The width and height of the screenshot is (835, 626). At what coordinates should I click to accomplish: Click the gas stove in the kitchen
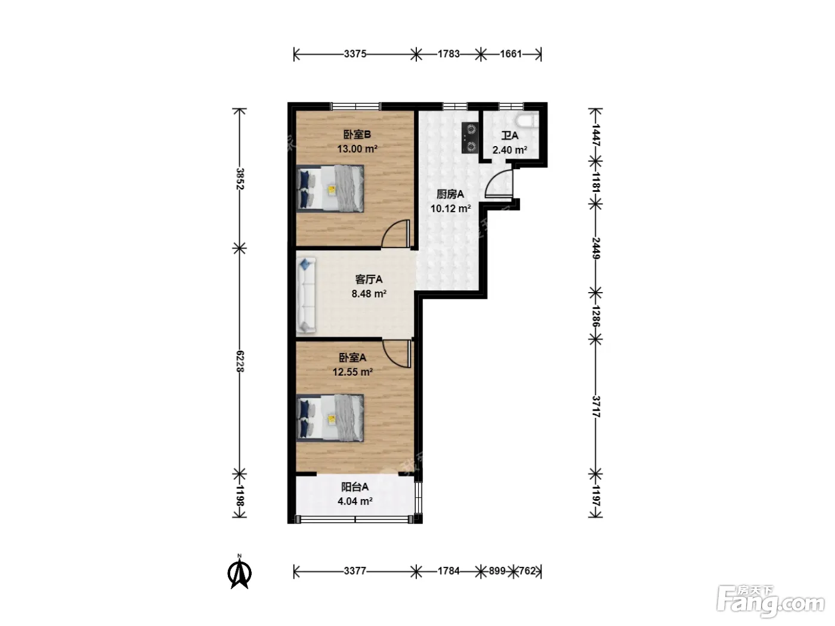pos(470,138)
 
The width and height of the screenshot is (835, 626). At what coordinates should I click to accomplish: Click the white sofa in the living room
pos(306,295)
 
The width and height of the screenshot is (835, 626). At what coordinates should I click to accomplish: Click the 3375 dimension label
pos(355,54)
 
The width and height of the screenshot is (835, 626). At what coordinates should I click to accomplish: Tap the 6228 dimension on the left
pos(240,361)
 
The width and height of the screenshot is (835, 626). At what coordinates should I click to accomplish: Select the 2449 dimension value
pos(596,249)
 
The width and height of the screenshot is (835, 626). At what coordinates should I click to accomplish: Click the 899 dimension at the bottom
pos(497,571)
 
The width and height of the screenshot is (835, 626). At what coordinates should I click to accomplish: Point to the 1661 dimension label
pos(511,54)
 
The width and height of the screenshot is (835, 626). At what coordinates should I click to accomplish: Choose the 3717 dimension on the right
pos(596,407)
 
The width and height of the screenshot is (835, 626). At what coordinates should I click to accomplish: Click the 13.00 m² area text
pos(357,148)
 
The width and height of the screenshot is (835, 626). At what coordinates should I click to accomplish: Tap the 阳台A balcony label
pos(354,487)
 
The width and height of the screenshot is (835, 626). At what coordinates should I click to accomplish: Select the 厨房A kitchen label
pos(450,194)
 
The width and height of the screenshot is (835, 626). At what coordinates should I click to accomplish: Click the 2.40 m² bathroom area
pos(510,150)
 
